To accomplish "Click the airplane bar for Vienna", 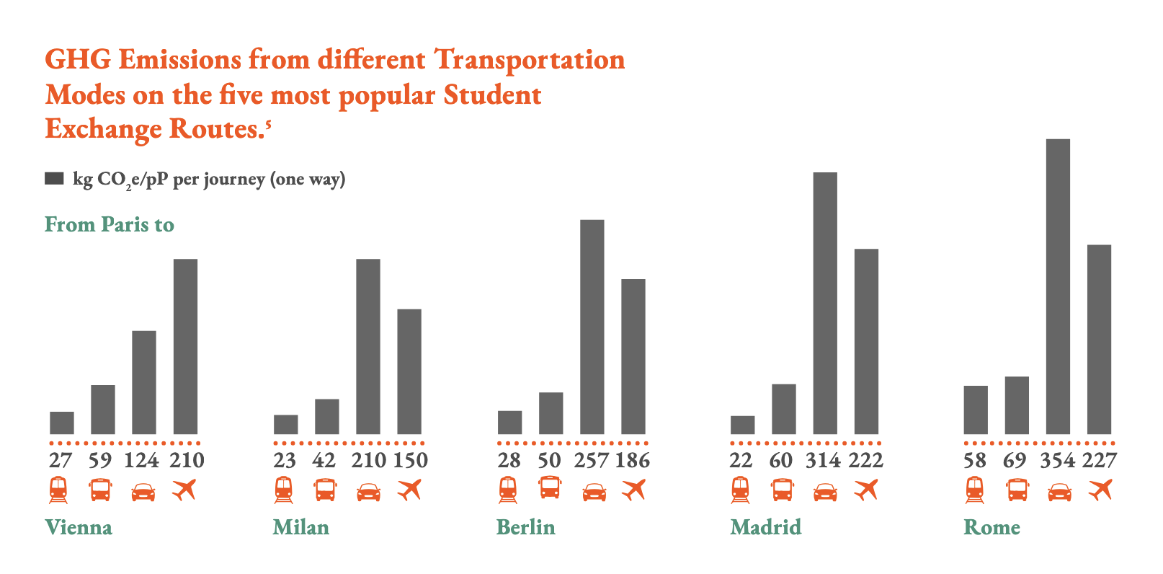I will coord(185,346).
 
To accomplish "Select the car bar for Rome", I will coord(1058,286).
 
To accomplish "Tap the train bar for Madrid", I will coord(742,425).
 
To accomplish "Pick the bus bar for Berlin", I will coord(551,413).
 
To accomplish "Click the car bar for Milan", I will coord(368,346).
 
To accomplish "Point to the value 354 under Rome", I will coord(1058,460).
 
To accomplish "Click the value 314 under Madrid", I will coord(824,460).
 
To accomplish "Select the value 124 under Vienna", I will coord(141,460).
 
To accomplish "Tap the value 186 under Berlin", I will coord(633,460).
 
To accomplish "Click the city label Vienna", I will coord(79,527).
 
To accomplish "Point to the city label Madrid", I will coord(765,527).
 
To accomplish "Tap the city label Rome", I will coord(992,527).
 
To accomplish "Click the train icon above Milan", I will coord(284,490).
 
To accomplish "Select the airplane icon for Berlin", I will coord(633,490).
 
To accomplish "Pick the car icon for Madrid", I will coord(825,493).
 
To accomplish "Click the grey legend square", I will coord(54,178).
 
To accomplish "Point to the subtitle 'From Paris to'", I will coord(110,225).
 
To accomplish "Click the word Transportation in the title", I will coord(530,60).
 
